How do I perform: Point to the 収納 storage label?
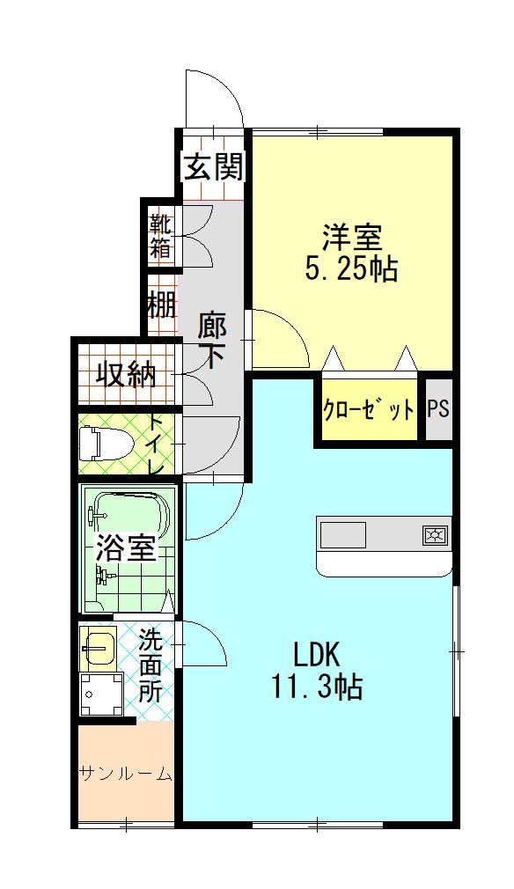pyautogui.click(x=126, y=374)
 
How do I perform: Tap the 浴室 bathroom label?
pyautogui.click(x=125, y=547)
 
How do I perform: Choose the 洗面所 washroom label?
pyautogui.click(x=151, y=665)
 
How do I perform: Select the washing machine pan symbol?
pyautogui.click(x=101, y=694)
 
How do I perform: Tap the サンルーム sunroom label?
pyautogui.click(x=126, y=774)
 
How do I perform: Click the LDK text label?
pyautogui.click(x=316, y=656)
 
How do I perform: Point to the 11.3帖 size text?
pyautogui.click(x=316, y=687)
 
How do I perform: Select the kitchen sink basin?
pyautogui.click(x=343, y=534)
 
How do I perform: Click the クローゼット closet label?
pyautogui.click(x=369, y=408)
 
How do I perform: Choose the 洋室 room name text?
pyautogui.click(x=351, y=239)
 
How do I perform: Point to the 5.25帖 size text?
pyautogui.click(x=351, y=269)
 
